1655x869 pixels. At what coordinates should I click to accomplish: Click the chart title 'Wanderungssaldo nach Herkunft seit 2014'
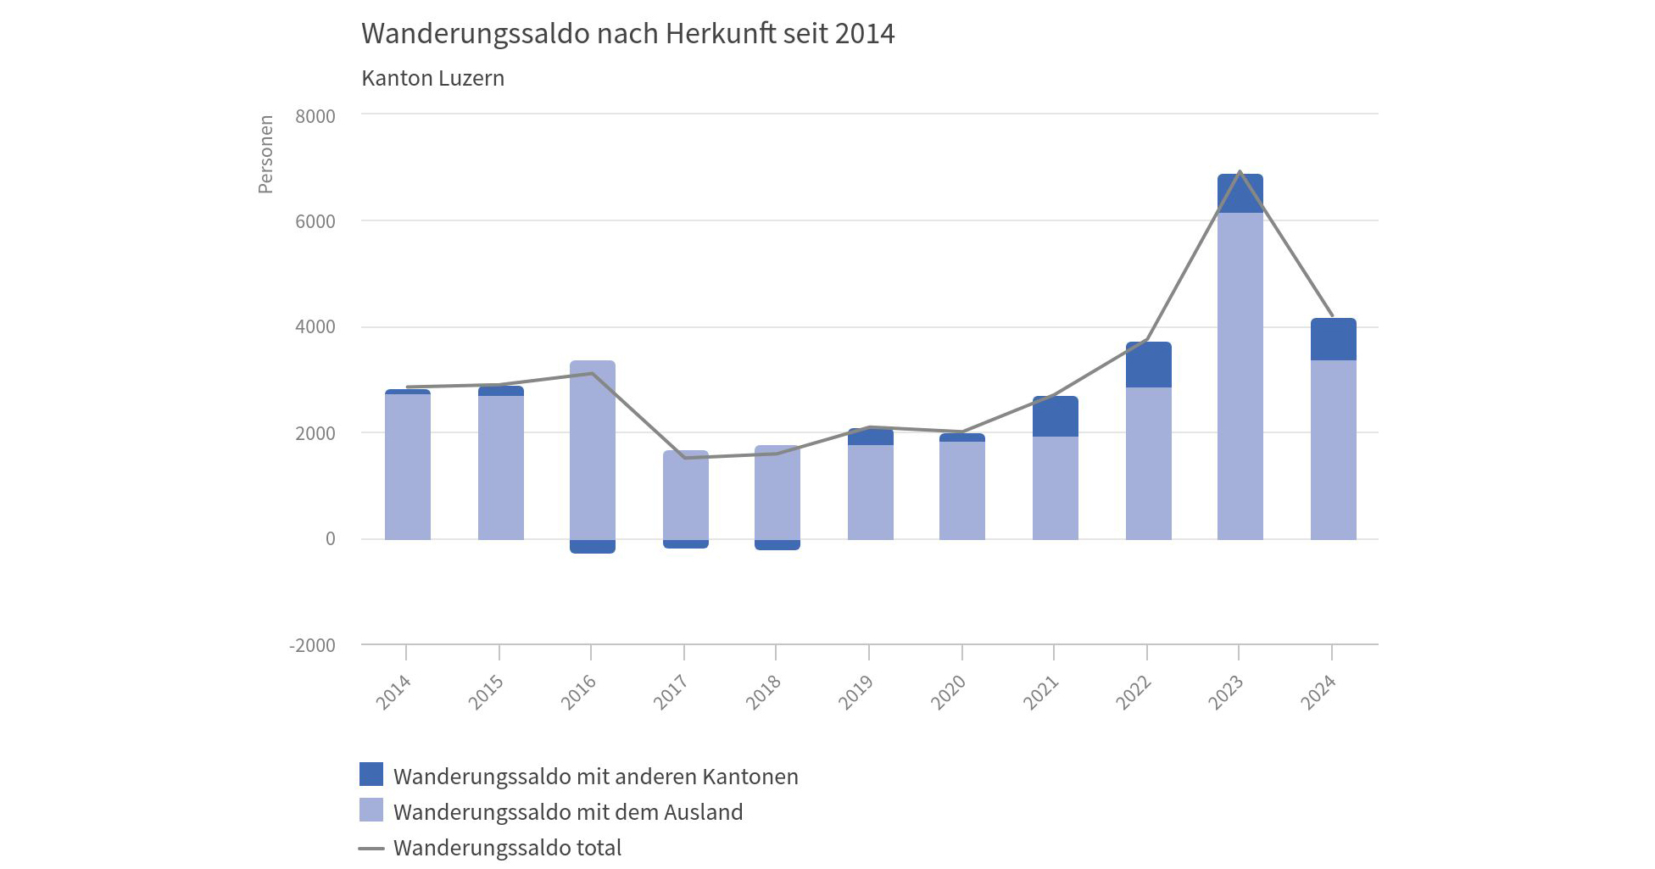[x=627, y=34]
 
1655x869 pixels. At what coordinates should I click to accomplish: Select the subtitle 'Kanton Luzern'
[x=432, y=78]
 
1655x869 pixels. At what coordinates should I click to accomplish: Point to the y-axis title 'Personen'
[x=266, y=154]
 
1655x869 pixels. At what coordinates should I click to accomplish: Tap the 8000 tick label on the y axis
[x=315, y=116]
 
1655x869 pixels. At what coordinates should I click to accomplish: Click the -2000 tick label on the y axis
[x=312, y=645]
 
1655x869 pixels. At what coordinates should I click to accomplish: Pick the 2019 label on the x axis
[x=855, y=693]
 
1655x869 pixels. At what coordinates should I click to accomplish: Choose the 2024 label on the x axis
[x=1318, y=693]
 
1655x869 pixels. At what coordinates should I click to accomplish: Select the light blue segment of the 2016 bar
[x=593, y=449]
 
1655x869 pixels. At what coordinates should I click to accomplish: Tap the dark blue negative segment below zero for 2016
[x=593, y=547]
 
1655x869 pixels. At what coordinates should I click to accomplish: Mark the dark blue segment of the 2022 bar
[x=1149, y=365]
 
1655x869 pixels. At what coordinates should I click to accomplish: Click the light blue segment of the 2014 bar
[x=408, y=466]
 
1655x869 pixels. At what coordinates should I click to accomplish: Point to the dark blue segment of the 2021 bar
[x=1056, y=417]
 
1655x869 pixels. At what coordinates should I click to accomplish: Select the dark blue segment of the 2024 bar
[x=1334, y=340]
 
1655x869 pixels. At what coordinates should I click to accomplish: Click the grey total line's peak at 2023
[x=1240, y=172]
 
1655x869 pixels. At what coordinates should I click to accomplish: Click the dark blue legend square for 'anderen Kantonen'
[x=371, y=774]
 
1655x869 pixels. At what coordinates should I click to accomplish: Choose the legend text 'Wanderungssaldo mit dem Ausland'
[x=568, y=812]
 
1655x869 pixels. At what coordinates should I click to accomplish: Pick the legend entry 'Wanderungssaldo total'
[x=507, y=848]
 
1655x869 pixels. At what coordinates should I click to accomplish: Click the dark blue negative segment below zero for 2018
[x=777, y=545]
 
